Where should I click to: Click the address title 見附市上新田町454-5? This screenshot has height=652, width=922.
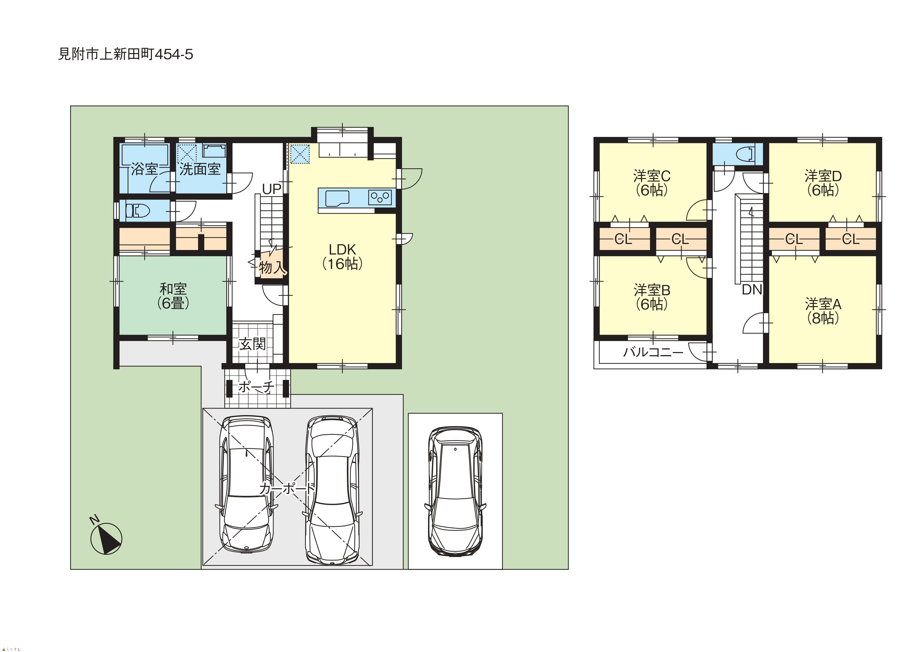coord(126,54)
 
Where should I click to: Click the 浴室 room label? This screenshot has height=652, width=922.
coord(144,169)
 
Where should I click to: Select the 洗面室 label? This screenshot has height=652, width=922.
coord(200,169)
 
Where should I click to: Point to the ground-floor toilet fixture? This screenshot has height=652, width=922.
coord(137,211)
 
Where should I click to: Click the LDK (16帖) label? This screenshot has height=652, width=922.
coord(343,256)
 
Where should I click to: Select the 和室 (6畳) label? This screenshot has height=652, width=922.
coord(173,296)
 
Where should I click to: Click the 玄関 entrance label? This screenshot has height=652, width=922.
coord(252,344)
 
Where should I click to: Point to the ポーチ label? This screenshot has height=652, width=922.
coord(256,387)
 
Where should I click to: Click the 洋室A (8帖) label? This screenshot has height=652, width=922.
coord(823,311)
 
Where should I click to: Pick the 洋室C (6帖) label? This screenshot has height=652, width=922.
coord(652,183)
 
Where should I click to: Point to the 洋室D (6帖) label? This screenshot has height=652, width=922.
coord(823,183)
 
